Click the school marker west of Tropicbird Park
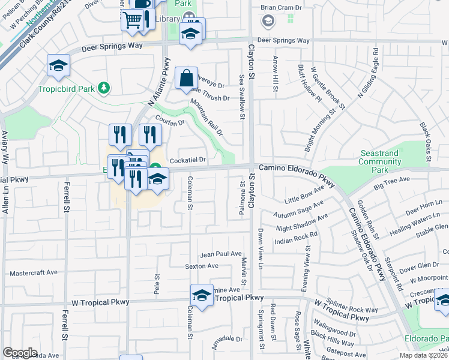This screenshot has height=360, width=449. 59,67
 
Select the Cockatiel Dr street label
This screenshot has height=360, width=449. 188,160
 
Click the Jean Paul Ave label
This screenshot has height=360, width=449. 221,254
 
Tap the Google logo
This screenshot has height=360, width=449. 20,353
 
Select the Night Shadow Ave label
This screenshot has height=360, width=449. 302,223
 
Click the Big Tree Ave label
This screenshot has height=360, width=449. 391,183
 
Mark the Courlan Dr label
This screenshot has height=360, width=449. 169,119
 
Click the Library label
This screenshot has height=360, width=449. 167,19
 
